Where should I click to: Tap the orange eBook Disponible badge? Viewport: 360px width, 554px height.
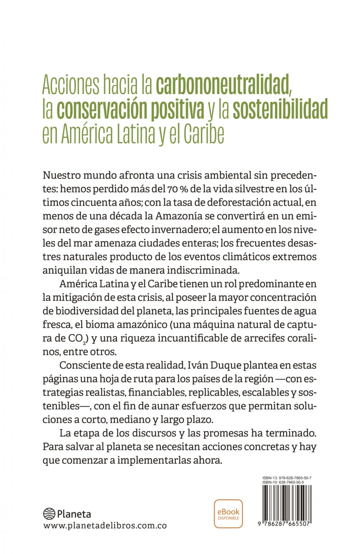[228, 513]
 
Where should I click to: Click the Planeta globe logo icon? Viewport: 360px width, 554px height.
[48, 513]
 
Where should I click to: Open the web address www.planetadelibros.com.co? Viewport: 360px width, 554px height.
[105, 526]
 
